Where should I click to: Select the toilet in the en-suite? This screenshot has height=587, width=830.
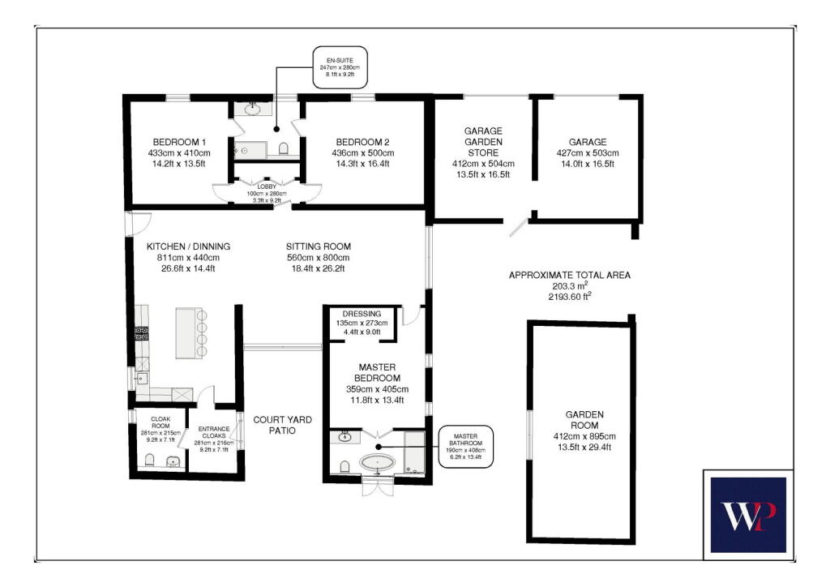(x=284, y=148)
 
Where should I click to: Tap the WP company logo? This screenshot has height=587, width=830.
(x=747, y=515)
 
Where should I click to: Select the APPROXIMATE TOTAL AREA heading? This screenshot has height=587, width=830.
(x=569, y=275)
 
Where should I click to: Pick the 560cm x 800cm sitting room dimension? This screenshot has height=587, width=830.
(x=318, y=257)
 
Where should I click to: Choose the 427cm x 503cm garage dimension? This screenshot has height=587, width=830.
(x=587, y=152)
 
